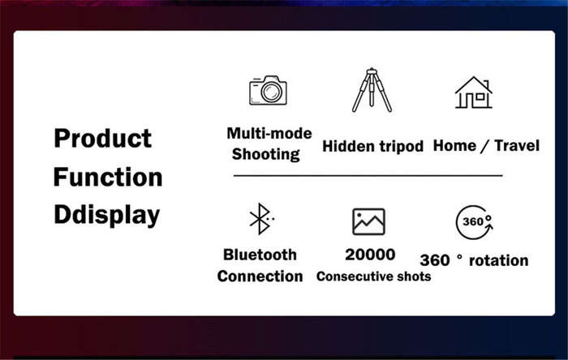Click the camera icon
click(268, 90)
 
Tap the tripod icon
click(372, 90)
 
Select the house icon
click(473, 92)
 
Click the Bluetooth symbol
click(260, 219)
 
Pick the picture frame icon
click(368, 221)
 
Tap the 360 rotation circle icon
click(474, 222)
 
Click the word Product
click(102, 139)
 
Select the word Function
click(108, 177)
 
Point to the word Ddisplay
click(107, 216)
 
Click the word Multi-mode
click(269, 133)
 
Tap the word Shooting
click(266, 155)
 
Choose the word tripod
click(401, 147)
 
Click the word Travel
click(517, 145)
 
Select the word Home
click(454, 145)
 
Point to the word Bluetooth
click(260, 255)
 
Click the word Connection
click(260, 276)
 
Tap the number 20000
click(370, 255)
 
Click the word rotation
click(498, 260)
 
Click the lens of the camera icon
click(271, 92)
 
